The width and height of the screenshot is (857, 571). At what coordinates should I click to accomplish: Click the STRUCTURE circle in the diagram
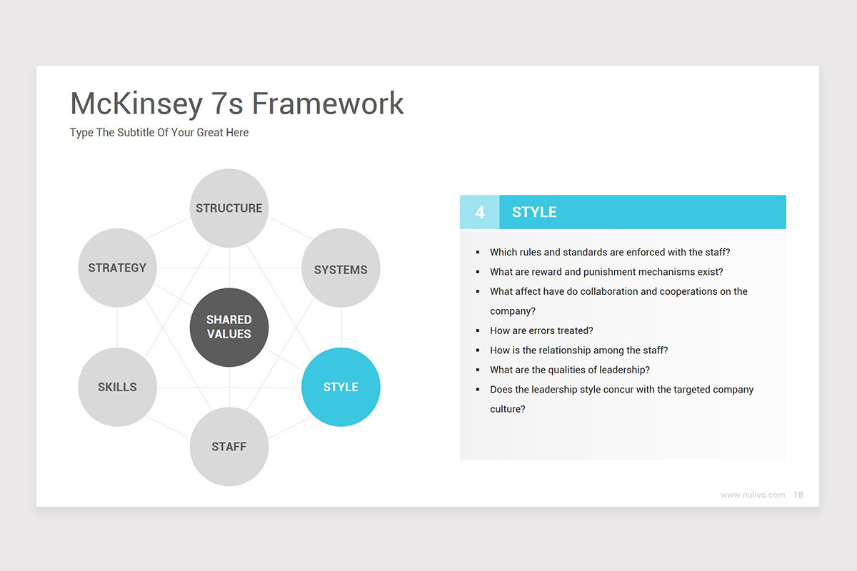tap(229, 208)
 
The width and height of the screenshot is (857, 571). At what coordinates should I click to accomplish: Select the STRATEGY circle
tap(117, 268)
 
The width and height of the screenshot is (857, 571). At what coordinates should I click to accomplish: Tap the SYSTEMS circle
tap(341, 268)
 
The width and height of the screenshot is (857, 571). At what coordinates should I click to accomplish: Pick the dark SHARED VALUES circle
tap(229, 328)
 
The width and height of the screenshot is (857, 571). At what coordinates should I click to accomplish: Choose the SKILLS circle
tap(117, 387)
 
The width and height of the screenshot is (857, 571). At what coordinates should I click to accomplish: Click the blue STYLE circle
tap(341, 387)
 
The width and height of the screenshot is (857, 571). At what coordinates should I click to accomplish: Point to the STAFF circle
tap(229, 447)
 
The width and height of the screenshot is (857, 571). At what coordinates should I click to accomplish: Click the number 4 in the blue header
tap(480, 212)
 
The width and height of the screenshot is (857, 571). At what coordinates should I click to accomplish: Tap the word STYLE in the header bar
tap(534, 212)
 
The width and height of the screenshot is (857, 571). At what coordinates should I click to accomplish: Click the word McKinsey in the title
tap(136, 104)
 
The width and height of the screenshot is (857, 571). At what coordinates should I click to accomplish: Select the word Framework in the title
tap(328, 103)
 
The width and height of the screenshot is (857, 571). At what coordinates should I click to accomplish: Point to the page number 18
tap(798, 495)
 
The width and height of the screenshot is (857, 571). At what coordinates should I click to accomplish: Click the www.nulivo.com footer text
tap(753, 495)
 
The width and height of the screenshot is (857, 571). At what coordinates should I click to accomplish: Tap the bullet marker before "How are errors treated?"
tap(478, 330)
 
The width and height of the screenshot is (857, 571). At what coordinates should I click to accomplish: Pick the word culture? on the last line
tap(508, 409)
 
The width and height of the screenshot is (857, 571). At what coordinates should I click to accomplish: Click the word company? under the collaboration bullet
tap(513, 311)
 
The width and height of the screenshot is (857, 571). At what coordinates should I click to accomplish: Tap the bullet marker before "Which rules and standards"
tap(478, 252)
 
